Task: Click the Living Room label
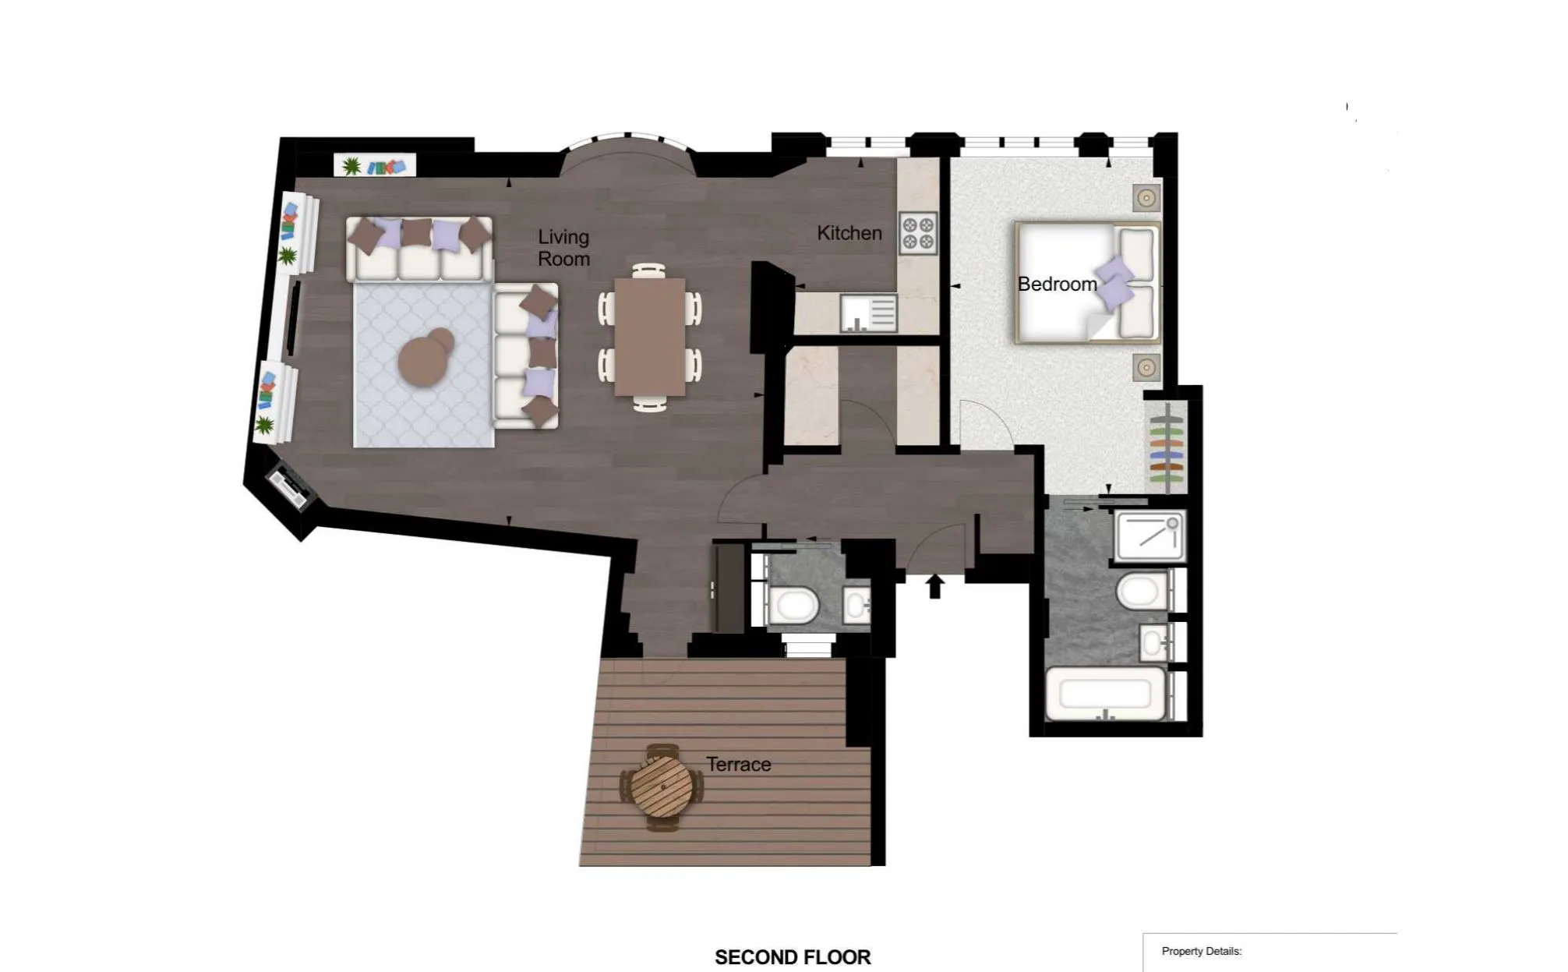tap(563, 248)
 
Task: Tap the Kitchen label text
tap(849, 233)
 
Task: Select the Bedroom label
tap(1058, 285)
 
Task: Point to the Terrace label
tap(739, 765)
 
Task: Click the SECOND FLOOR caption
tap(793, 957)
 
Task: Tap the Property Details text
tap(1202, 951)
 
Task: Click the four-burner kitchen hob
tap(918, 233)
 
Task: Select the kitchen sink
tap(868, 313)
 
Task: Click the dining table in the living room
tap(650, 337)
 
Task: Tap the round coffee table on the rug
tap(426, 358)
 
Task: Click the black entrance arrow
tap(934, 586)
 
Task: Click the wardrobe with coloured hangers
tap(1166, 447)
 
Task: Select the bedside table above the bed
tap(1146, 198)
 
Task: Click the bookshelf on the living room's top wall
tap(375, 165)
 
